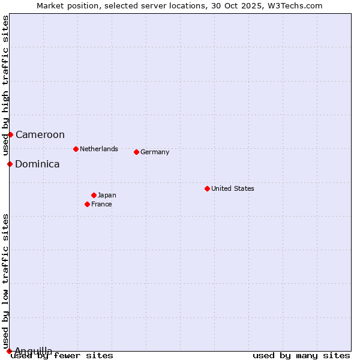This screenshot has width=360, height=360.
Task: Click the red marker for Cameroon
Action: point(10,134)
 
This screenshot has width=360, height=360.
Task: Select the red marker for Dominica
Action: point(10,164)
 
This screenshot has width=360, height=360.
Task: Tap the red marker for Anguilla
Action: point(9,351)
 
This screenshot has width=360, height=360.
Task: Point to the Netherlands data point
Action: point(76,149)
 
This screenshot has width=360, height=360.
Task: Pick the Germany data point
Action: point(136,152)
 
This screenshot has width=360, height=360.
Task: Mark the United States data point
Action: point(207,188)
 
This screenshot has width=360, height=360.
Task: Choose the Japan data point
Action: point(94,195)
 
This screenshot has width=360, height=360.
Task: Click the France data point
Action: point(87,204)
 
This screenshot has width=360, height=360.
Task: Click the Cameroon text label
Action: point(40,134)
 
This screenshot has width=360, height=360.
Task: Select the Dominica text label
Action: point(37,164)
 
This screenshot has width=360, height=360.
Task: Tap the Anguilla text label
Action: point(34,351)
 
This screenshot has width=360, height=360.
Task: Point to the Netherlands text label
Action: point(99,149)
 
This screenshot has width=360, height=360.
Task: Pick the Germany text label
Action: point(155,152)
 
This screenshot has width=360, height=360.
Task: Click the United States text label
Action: point(233,188)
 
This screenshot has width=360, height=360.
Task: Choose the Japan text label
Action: point(107,195)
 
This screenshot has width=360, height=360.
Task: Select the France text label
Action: point(101,204)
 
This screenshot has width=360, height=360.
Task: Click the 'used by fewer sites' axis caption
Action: point(62,356)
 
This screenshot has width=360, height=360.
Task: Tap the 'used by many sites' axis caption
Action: point(301,356)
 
